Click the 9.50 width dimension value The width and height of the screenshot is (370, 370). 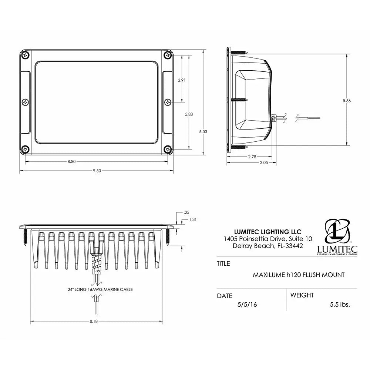click(97, 171)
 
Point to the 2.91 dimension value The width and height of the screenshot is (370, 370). click(182, 80)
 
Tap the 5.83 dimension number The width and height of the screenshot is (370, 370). click(189, 114)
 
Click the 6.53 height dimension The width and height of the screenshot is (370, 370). click(203, 131)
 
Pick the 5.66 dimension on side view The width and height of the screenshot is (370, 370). click(347, 101)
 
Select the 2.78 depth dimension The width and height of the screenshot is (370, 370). click(252, 157)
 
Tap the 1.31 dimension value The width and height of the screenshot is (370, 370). click(192, 219)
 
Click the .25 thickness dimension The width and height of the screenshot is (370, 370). click(186, 212)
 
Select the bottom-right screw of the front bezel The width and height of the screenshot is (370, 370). click(168, 149)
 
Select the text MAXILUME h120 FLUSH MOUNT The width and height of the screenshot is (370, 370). click(299, 275)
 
